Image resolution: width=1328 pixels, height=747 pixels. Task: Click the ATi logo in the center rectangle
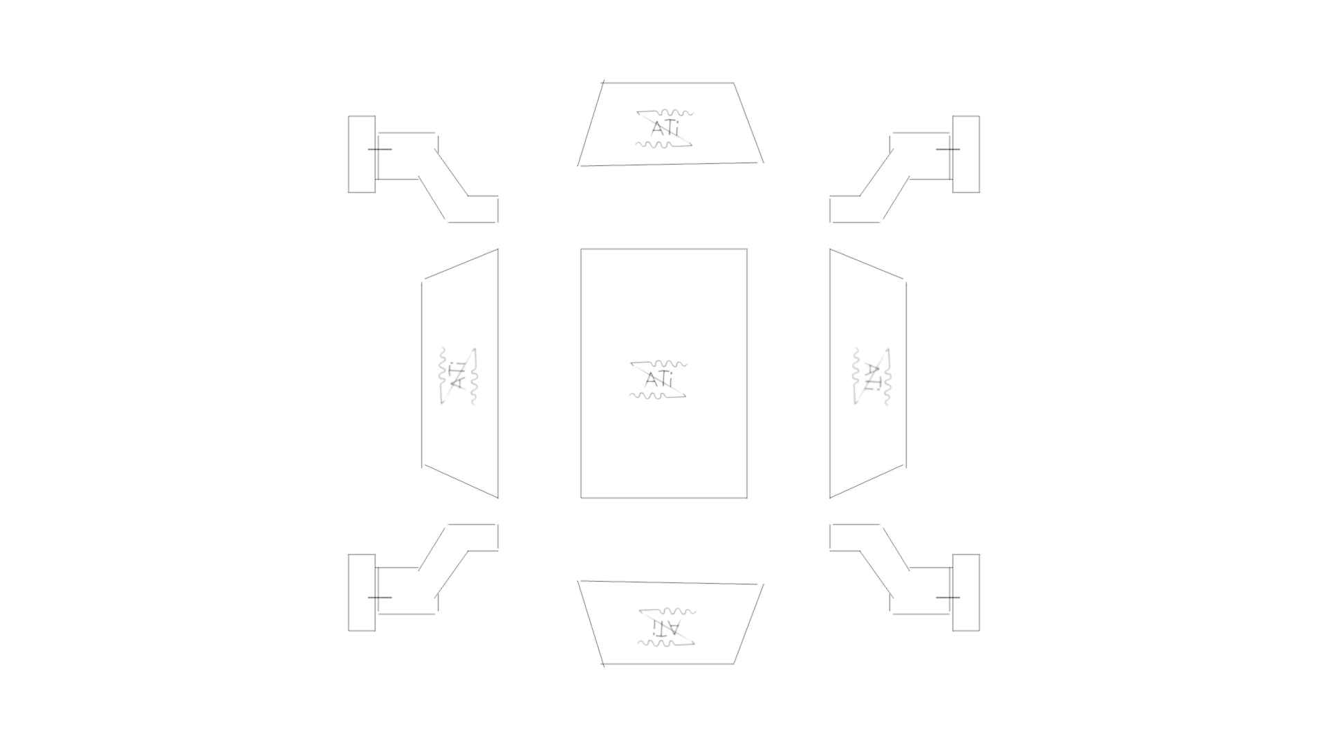[658, 380]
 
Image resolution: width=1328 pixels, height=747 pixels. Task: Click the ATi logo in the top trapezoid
[665, 128]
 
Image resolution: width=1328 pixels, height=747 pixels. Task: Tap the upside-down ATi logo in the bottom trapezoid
[666, 627]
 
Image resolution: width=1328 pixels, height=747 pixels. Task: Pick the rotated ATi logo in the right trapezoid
[872, 376]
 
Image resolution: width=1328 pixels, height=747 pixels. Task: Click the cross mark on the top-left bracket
[379, 149]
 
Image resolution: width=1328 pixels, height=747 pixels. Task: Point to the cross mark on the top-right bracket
[948, 149]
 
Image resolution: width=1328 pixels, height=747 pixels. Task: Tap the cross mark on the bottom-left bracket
[379, 597]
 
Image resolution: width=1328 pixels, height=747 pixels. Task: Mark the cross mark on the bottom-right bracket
[948, 597]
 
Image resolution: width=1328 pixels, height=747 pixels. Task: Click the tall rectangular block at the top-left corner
[362, 154]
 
